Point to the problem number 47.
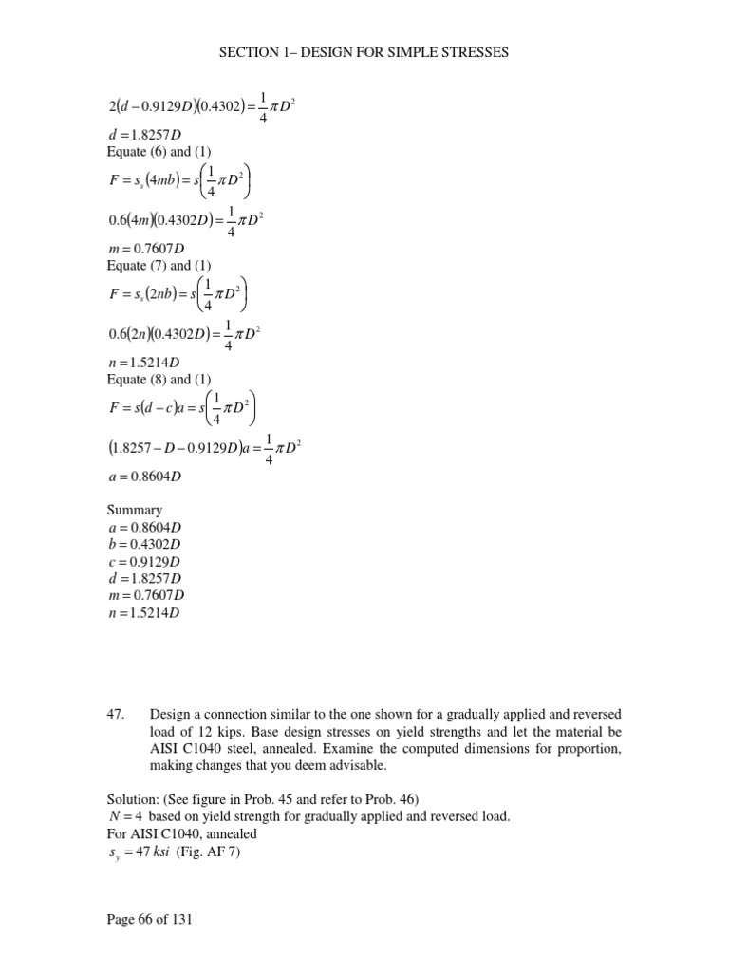point(117,714)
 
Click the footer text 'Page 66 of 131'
point(148,920)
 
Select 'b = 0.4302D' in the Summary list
point(144,544)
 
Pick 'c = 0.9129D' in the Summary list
point(144,561)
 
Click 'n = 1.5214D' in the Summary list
point(144,612)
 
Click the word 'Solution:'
point(134,800)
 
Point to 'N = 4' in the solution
point(123,817)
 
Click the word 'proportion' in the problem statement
point(588,748)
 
